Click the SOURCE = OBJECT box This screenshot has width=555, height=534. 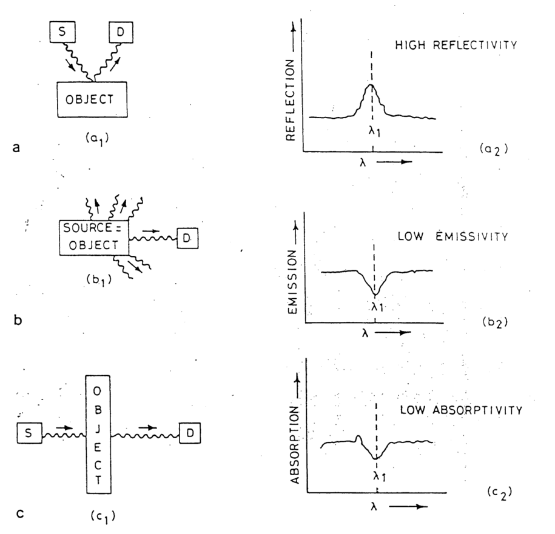(x=94, y=238)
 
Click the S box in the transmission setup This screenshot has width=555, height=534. (x=27, y=433)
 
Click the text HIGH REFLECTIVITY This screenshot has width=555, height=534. (x=454, y=45)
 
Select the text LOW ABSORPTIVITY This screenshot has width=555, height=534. (x=460, y=410)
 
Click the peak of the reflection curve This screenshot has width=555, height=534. (x=372, y=85)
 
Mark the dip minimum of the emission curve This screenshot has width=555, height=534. (x=375, y=295)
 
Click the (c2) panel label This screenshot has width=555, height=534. (x=499, y=492)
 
